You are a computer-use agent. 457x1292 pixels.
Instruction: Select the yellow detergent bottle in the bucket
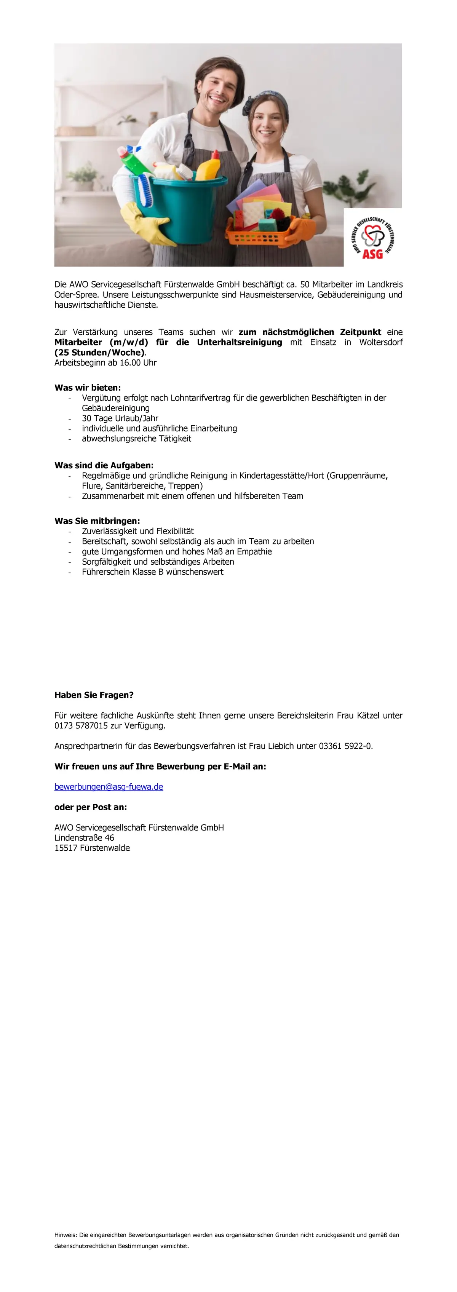pos(209,166)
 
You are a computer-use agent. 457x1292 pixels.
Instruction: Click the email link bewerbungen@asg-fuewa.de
pos(109,786)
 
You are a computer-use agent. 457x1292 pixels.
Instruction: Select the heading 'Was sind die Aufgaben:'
pos(104,465)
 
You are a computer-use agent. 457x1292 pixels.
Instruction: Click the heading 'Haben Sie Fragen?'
pos(94,695)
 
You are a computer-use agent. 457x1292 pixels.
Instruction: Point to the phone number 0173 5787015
pos(81,726)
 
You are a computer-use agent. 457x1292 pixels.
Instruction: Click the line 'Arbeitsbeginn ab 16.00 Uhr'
pos(105,363)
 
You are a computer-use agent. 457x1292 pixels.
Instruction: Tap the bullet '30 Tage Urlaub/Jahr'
pos(120,418)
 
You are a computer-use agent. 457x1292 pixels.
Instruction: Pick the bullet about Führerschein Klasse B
pos(152,572)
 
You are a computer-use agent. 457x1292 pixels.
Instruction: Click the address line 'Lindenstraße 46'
pos(84,838)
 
